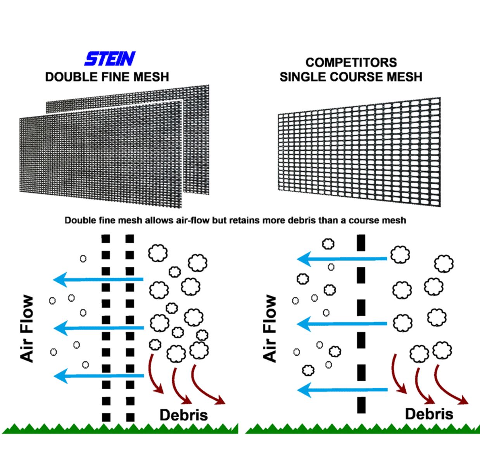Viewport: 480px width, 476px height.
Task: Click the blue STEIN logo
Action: tap(110, 59)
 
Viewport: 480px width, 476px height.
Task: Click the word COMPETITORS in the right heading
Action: tap(351, 62)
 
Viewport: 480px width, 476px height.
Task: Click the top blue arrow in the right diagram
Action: tap(341, 258)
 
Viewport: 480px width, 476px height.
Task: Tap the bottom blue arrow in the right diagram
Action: tap(341, 390)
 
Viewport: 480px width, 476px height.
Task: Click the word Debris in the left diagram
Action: tap(184, 415)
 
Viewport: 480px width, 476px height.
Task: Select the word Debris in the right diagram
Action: tap(429, 414)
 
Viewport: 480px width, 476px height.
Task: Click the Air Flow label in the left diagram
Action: tap(27, 329)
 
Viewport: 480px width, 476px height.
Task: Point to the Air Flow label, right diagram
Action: tap(270, 329)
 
